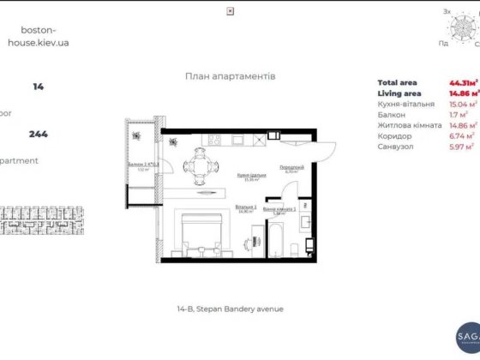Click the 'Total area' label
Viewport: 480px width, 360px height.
(396, 82)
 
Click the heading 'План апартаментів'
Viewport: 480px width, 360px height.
(230, 75)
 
